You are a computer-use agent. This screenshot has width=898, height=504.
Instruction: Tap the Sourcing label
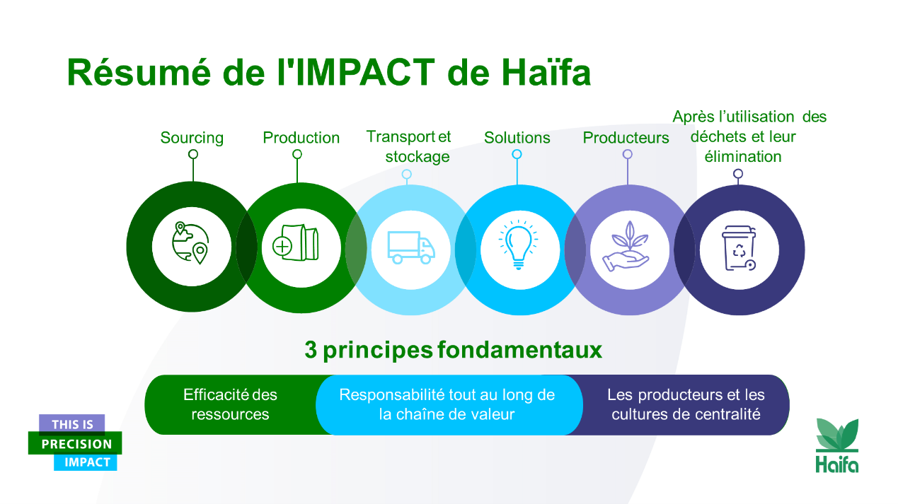click(192, 138)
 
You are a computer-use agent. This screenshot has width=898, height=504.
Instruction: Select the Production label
click(301, 138)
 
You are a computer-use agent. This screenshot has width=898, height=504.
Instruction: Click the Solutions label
click(517, 138)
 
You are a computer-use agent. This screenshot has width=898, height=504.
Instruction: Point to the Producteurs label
click(626, 138)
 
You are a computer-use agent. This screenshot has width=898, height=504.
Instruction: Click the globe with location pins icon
click(190, 243)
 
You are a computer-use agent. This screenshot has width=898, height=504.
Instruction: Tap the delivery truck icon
click(411, 247)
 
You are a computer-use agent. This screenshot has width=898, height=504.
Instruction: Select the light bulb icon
click(519, 245)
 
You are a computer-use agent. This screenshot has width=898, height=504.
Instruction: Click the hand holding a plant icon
click(626, 246)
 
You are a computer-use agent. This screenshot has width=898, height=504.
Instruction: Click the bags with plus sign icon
click(296, 242)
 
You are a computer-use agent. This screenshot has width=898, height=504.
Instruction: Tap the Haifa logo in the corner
click(837, 445)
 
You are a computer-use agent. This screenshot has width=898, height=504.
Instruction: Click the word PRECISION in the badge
click(76, 444)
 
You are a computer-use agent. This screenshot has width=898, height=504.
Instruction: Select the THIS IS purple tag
click(71, 424)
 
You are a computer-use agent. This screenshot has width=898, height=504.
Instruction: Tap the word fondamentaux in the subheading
click(519, 350)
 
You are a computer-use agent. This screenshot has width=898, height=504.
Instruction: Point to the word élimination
click(743, 156)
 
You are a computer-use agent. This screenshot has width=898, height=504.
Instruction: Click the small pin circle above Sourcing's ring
click(193, 154)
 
